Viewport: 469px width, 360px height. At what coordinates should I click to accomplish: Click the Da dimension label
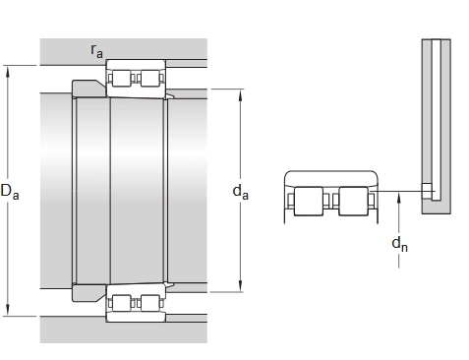[10, 192]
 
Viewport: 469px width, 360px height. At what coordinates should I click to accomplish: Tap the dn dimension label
[399, 244]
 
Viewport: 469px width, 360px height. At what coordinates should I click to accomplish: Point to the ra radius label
[96, 51]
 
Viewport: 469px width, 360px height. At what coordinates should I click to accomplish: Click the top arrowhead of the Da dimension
[8, 71]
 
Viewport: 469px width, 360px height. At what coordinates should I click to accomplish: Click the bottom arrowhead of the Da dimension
[8, 311]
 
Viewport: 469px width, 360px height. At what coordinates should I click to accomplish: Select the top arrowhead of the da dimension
[240, 94]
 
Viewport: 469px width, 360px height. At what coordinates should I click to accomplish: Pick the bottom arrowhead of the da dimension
[240, 286]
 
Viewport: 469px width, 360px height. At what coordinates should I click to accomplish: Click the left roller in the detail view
[309, 201]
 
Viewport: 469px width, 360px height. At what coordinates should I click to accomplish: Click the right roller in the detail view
[353, 201]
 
